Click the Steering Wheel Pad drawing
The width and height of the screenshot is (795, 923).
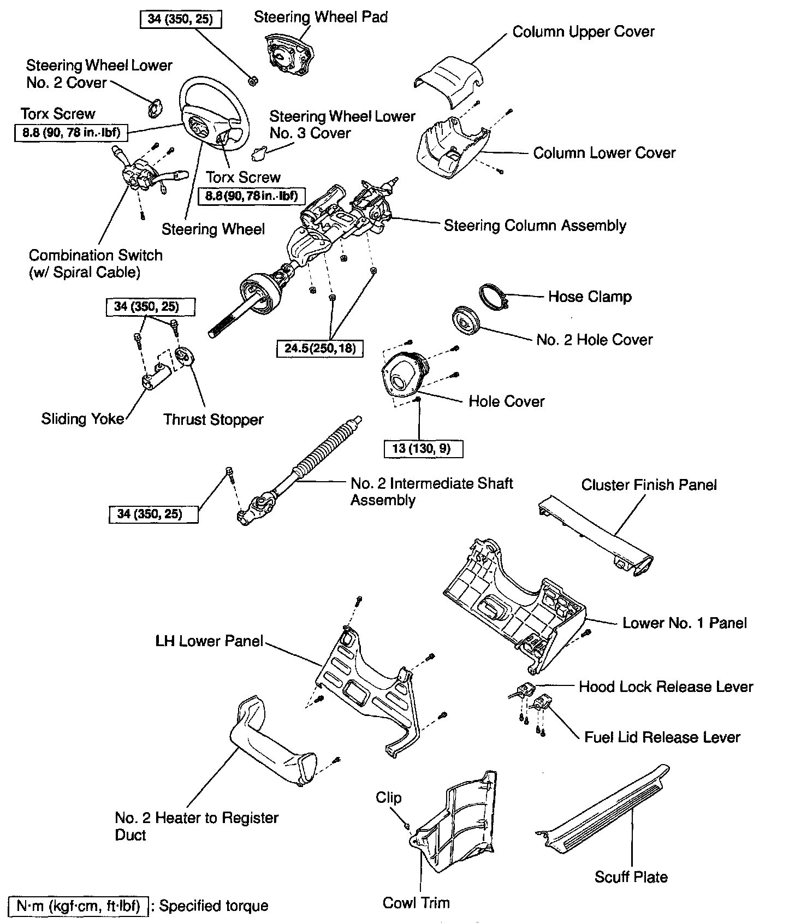click(288, 55)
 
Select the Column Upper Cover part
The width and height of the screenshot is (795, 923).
click(449, 80)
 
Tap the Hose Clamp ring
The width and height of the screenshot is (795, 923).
click(494, 295)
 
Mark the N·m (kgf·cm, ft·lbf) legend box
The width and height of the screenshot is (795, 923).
click(79, 906)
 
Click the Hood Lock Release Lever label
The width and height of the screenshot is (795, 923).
click(666, 687)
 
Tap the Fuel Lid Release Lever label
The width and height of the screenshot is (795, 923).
click(662, 737)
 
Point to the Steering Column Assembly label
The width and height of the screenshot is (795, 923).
click(535, 226)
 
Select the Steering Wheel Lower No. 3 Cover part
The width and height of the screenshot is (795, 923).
click(259, 153)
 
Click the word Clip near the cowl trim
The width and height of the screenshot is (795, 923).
click(388, 797)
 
